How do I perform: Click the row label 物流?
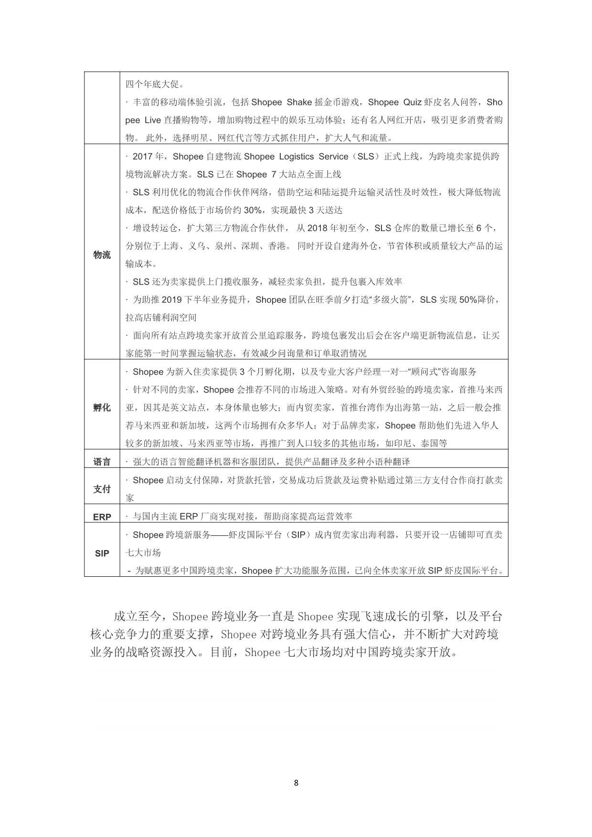[x=102, y=255]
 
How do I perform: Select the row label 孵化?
[x=102, y=407]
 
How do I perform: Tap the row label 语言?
[x=102, y=462]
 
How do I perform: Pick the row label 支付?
[x=102, y=489]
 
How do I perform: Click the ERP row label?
[x=102, y=517]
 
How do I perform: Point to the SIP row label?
[x=102, y=553]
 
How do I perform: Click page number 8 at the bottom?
[x=296, y=783]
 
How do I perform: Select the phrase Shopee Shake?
[x=281, y=102]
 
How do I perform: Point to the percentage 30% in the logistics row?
[x=253, y=210]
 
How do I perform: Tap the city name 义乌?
[x=197, y=246]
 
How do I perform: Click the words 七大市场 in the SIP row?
[x=143, y=553]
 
